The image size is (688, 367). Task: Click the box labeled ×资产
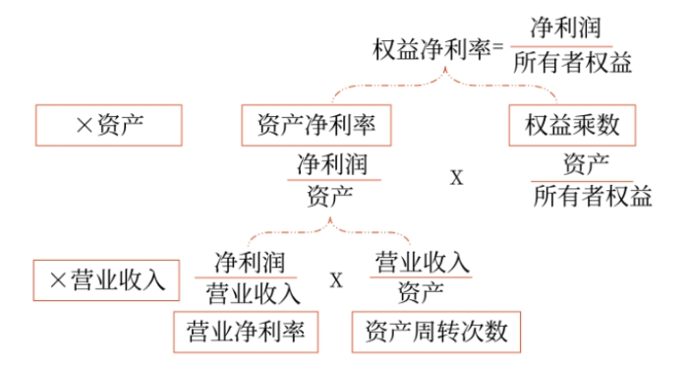coord(108,125)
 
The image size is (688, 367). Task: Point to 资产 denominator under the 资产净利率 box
coord(331,194)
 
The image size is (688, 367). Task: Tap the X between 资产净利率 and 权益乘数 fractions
coord(456,178)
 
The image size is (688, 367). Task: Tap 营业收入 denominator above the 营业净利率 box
coord(251,293)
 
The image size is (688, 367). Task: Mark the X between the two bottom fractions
coord(336,280)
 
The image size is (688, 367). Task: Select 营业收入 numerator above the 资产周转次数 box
coord(423,261)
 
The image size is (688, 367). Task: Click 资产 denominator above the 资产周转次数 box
coord(421,292)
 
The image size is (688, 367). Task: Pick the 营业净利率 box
coord(246,332)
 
